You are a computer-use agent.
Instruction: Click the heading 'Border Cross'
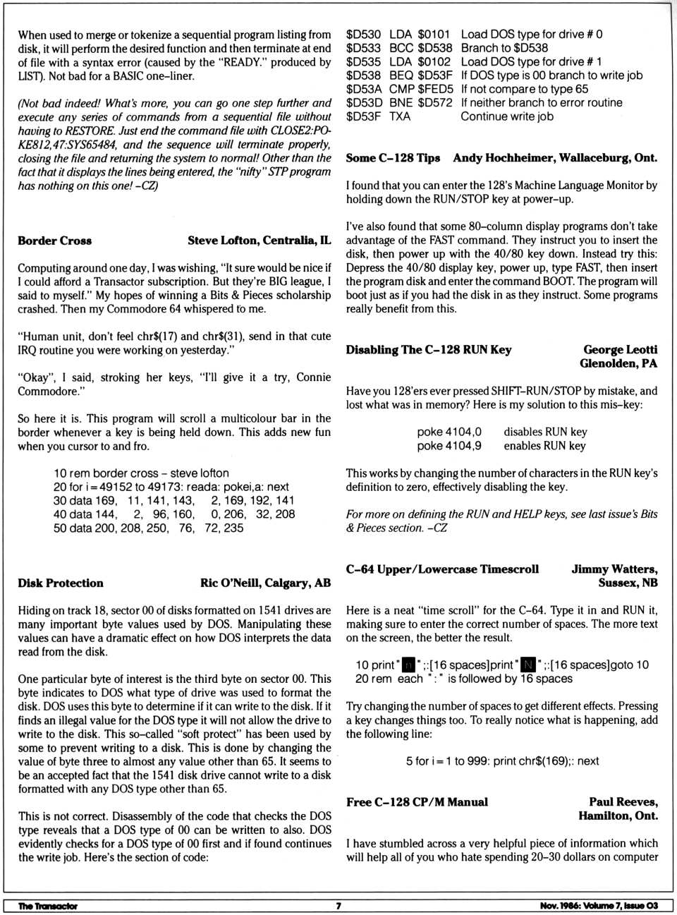pyautogui.click(x=55, y=241)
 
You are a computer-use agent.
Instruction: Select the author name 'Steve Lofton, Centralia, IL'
pyautogui.click(x=259, y=241)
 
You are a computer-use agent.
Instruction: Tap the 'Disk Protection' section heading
pyautogui.click(x=61, y=583)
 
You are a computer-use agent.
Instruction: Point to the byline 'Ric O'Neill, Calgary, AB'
pyautogui.click(x=265, y=583)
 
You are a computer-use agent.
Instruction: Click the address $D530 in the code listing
pyautogui.click(x=363, y=35)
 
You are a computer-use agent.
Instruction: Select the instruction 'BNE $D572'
pyautogui.click(x=420, y=103)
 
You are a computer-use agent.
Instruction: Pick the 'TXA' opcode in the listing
pyautogui.click(x=400, y=116)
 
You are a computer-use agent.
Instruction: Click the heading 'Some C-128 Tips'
pyautogui.click(x=393, y=158)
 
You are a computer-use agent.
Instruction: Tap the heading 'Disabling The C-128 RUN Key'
pyautogui.click(x=429, y=350)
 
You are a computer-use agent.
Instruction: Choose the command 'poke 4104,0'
pyautogui.click(x=449, y=432)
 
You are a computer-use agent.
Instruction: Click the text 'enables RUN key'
pyautogui.click(x=544, y=446)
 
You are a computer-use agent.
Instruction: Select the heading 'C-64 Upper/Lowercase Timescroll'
pyautogui.click(x=442, y=569)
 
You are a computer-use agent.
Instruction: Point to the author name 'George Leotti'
pyautogui.click(x=620, y=350)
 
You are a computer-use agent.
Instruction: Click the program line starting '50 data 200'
pyautogui.click(x=149, y=528)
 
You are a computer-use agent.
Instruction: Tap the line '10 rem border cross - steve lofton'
pyautogui.click(x=141, y=473)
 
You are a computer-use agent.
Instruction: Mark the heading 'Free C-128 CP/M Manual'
pyautogui.click(x=417, y=802)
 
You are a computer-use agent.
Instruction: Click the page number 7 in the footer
pyautogui.click(x=338, y=906)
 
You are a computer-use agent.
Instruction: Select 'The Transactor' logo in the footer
pyautogui.click(x=48, y=906)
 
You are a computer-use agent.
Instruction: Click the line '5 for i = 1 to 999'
pyautogui.click(x=502, y=761)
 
